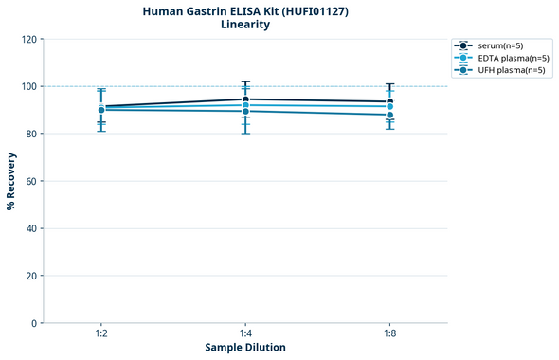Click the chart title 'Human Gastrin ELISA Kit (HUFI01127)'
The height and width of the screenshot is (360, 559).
pyautogui.click(x=245, y=11)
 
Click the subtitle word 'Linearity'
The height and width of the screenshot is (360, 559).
pyautogui.click(x=245, y=25)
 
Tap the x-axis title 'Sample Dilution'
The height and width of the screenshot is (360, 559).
pyautogui.click(x=245, y=347)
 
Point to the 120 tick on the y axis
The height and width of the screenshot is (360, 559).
pyautogui.click(x=29, y=39)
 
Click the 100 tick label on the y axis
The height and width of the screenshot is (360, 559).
pyautogui.click(x=29, y=86)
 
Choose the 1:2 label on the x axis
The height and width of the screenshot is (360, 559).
pyautogui.click(x=101, y=334)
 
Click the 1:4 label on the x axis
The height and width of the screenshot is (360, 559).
pyautogui.click(x=245, y=334)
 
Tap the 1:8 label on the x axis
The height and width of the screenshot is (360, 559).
pyautogui.click(x=389, y=334)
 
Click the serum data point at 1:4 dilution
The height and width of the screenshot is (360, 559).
pyautogui.click(x=245, y=99)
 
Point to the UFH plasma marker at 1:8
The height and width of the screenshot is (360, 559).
pyautogui.click(x=389, y=115)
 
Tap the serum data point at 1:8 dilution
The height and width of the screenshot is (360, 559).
pyautogui.click(x=389, y=101)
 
